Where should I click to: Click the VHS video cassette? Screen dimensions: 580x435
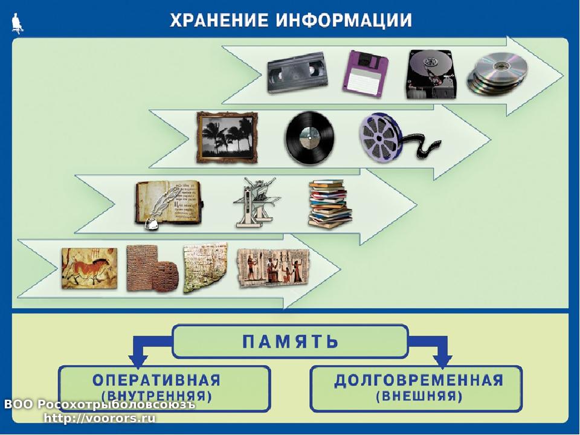(x=297, y=72)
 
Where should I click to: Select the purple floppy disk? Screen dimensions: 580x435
(x=365, y=74)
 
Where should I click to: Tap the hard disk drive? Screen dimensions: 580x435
(x=431, y=74)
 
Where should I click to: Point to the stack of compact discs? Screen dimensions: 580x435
(x=497, y=73)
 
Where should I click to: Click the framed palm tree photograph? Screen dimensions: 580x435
(x=227, y=137)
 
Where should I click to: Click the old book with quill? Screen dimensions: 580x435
(x=169, y=204)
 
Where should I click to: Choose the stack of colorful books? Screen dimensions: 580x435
(x=330, y=203)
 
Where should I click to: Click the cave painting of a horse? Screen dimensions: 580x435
(x=89, y=268)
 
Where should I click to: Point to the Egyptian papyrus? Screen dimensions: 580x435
(x=273, y=267)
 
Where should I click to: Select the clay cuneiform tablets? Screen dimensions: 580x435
(x=152, y=268)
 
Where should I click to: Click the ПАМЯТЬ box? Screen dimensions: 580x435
(x=291, y=341)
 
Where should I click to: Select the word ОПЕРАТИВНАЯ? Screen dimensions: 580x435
(x=156, y=380)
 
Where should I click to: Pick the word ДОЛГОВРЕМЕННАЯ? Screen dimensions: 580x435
(x=419, y=380)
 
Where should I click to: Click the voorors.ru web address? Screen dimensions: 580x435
(x=100, y=418)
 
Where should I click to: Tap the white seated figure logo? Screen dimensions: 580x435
(x=17, y=23)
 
